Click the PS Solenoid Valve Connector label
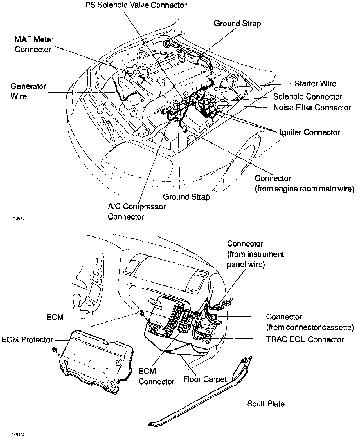tap(136, 5)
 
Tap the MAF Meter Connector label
tap(34, 44)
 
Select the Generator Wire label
tap(28, 91)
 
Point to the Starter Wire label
tap(315, 84)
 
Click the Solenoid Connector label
tap(308, 97)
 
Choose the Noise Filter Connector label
tap(312, 108)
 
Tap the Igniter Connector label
tap(310, 132)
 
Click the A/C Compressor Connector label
tap(137, 212)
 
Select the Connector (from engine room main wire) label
tap(304, 184)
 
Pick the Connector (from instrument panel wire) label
tap(255, 254)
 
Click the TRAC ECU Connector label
tap(305, 339)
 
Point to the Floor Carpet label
tap(205, 379)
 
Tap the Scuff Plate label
tap(266, 404)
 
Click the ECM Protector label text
tap(27, 340)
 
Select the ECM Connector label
tap(156, 376)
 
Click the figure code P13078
tap(18, 218)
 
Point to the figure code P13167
tap(18, 435)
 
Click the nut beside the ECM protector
tap(54, 350)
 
